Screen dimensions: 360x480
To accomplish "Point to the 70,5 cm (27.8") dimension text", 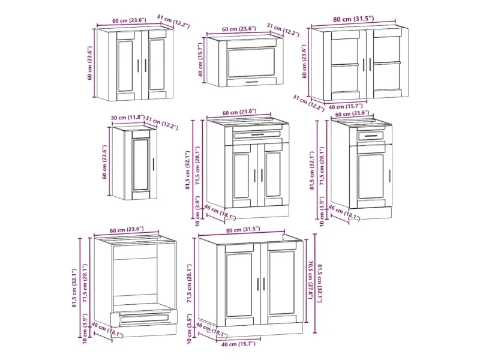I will (310, 279).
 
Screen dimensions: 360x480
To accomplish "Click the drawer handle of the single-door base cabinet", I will (371, 136).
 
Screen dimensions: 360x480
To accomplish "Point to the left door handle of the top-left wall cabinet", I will (139, 65).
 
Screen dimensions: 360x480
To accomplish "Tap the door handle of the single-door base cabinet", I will (389, 176).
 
